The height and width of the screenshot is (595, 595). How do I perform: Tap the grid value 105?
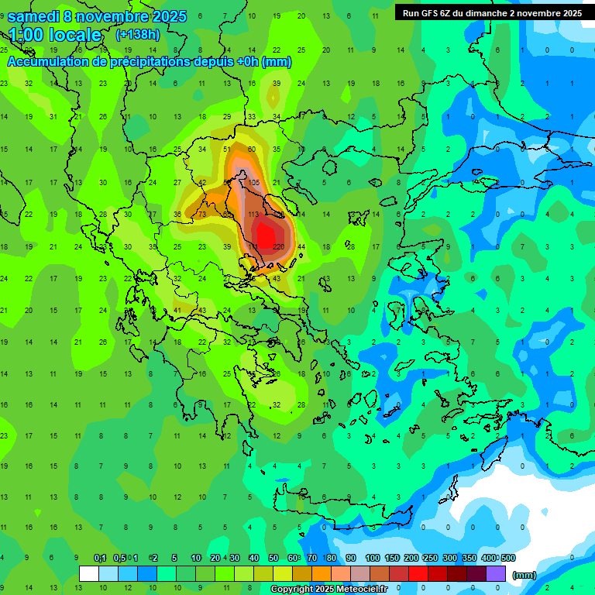[x=255, y=182]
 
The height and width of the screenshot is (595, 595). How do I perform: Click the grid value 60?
[x=252, y=150]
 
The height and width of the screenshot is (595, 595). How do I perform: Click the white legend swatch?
[x=89, y=574]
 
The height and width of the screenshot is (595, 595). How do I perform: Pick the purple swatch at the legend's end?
[x=496, y=574]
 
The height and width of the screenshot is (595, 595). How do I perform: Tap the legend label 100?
[x=372, y=558]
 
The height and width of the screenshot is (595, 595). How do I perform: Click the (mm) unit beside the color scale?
[x=524, y=575]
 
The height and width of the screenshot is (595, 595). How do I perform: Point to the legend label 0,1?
[x=100, y=558]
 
